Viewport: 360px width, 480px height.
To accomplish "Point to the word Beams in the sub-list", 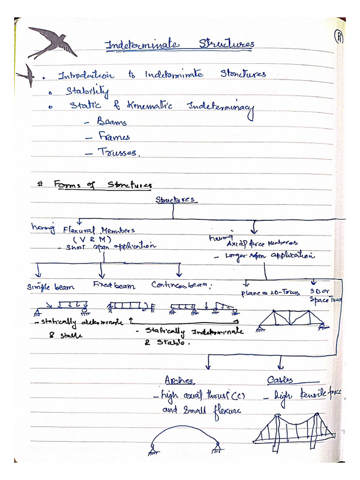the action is pyautogui.click(x=112, y=122).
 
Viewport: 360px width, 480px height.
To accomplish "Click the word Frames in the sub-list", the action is pyautogui.click(x=114, y=137).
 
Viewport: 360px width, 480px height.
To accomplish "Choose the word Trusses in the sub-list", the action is pyautogui.click(x=117, y=152).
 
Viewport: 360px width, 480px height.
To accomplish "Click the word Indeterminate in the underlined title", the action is pyautogui.click(x=141, y=45).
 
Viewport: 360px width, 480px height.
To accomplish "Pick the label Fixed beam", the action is pyautogui.click(x=114, y=285).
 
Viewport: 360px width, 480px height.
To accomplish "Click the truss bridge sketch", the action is pyautogui.click(x=291, y=320).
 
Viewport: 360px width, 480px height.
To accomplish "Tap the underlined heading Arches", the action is pyautogui.click(x=179, y=380).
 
